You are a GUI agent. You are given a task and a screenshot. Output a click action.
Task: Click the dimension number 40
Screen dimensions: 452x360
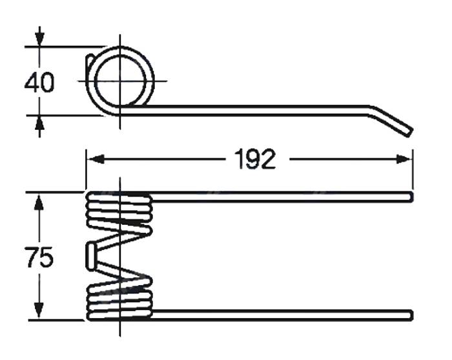pyautogui.click(x=39, y=83)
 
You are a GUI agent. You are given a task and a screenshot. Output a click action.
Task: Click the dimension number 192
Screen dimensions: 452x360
pyautogui.click(x=255, y=159)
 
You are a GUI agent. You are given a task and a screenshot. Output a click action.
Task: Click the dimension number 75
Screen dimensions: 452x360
pyautogui.click(x=39, y=257)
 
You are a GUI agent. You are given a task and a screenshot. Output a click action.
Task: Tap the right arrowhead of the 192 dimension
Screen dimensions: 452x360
pyautogui.click(x=404, y=159)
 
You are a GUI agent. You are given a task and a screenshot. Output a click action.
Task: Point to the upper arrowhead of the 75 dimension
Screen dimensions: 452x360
pyautogui.click(x=39, y=202)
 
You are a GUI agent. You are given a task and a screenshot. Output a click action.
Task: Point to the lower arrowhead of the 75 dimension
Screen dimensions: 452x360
pyautogui.click(x=39, y=310)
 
